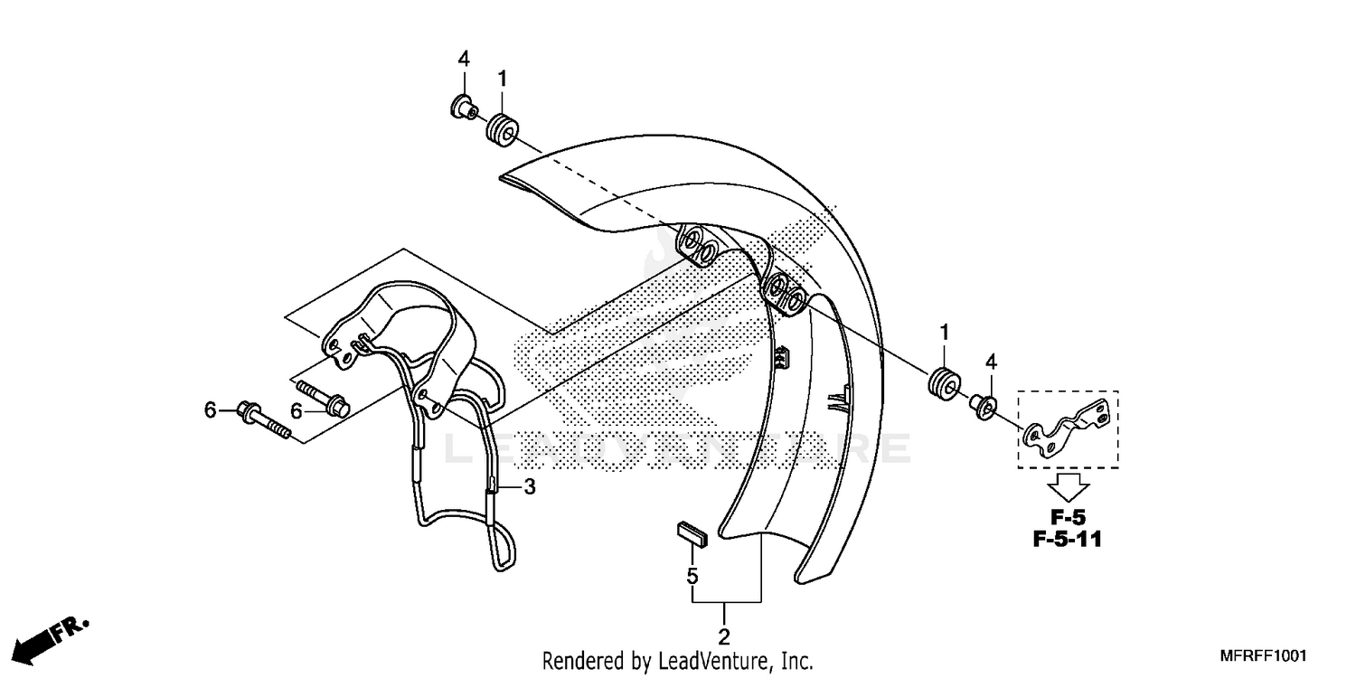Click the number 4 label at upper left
point(464,60)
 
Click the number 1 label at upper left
point(501,79)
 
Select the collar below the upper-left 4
point(462,109)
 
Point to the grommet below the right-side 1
point(943,381)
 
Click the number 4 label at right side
point(991,362)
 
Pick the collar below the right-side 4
point(984,408)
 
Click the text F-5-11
point(1068,541)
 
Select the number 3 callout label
point(530,488)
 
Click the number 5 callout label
point(692,575)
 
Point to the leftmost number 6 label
point(211,411)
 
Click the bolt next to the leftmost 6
point(263,423)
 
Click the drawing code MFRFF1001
point(1266,656)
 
